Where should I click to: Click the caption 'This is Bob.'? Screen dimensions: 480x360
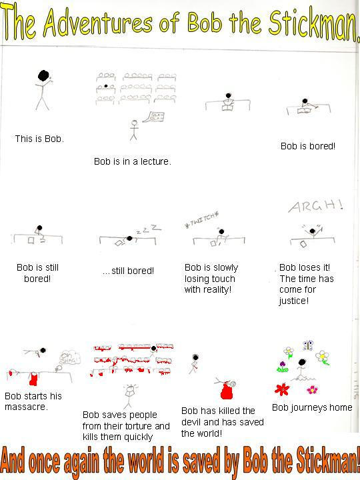tap(39, 139)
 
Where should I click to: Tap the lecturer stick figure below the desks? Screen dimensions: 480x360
tap(134, 127)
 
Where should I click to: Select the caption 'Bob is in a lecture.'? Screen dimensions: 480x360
tap(132, 161)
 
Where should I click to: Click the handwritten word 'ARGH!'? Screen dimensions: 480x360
tap(315, 207)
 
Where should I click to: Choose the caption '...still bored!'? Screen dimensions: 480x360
tap(128, 271)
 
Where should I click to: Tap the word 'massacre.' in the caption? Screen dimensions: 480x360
tap(26, 407)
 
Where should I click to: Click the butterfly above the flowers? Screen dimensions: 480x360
tap(307, 345)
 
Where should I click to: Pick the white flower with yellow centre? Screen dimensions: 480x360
tap(287, 350)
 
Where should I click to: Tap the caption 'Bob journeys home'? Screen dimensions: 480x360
tap(312, 407)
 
